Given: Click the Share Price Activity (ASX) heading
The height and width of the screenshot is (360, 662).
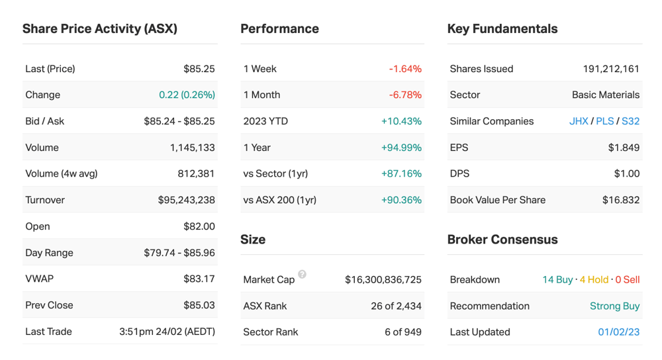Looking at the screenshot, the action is click(100, 28).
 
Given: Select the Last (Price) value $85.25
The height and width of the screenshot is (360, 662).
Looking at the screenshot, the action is click(199, 69).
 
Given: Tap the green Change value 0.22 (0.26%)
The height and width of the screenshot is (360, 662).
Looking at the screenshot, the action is click(187, 95).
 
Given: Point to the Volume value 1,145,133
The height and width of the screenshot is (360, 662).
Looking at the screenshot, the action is click(192, 148).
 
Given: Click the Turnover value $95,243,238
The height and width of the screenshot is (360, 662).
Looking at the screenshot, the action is click(186, 200).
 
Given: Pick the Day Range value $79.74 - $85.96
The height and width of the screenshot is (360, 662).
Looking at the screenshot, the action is click(179, 253).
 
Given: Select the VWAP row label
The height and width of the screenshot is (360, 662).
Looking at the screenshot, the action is click(39, 279).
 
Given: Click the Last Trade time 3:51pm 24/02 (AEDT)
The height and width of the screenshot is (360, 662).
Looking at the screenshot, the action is click(167, 332).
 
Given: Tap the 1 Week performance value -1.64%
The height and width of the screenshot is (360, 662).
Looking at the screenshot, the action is click(405, 69).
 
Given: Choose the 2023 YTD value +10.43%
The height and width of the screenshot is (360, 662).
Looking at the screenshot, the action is click(401, 122).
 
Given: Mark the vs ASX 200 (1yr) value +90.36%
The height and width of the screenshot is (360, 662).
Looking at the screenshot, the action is click(401, 200).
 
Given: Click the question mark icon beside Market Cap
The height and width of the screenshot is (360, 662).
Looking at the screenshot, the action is click(303, 275).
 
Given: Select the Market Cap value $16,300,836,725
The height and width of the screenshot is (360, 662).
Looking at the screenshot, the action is click(383, 280).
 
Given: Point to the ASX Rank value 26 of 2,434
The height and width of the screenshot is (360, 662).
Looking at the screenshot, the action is click(396, 306).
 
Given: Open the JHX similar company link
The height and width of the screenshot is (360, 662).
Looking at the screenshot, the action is click(579, 122).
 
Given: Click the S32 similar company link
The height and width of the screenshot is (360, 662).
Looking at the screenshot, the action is click(630, 122).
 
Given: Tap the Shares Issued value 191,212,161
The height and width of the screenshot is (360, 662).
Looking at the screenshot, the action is click(611, 69).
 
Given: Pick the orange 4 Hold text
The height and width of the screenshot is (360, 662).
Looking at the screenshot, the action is click(594, 280).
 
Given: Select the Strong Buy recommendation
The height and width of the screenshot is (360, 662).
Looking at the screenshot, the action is click(615, 306).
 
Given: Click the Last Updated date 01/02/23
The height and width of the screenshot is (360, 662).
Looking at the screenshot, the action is click(618, 332).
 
